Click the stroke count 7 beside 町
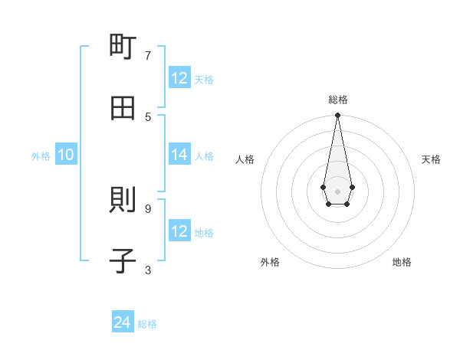point(148,55)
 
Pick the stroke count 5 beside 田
point(148,116)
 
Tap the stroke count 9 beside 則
point(148,208)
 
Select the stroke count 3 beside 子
point(148,270)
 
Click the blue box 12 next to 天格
point(179,78)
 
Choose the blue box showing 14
point(179,155)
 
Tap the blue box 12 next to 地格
point(179,231)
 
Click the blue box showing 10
point(66,155)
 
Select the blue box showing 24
point(123,323)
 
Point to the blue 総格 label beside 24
point(147,324)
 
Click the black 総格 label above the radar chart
point(338,100)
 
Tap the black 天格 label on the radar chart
point(431,159)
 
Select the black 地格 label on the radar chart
point(402,262)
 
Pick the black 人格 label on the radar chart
point(245,159)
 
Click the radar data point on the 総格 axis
point(337,116)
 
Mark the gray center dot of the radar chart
point(337,191)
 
